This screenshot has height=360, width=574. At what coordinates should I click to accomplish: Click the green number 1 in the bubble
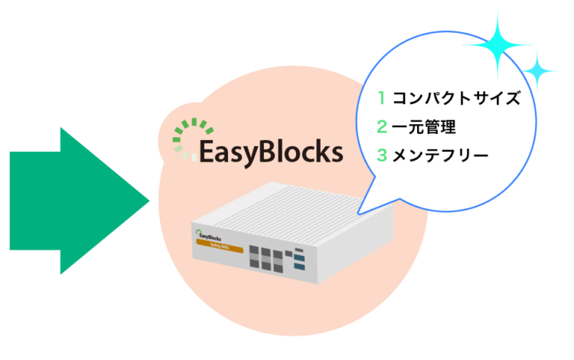click(380, 98)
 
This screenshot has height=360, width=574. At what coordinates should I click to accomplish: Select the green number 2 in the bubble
click(381, 127)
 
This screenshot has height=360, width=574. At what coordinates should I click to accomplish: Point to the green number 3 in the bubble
click(381, 155)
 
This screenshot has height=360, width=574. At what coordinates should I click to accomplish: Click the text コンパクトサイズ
click(456, 98)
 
